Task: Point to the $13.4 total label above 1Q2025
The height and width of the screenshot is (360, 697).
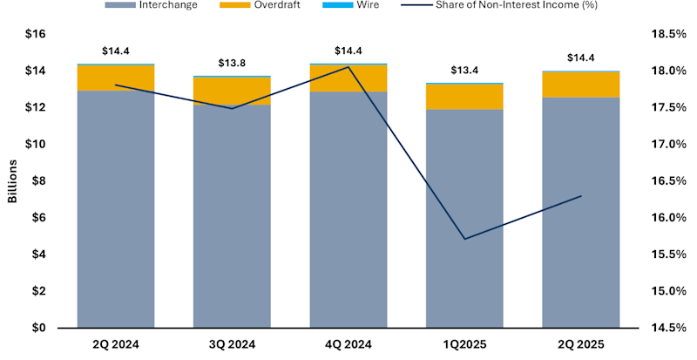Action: (x=464, y=71)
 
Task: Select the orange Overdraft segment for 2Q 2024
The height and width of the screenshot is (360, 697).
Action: (x=116, y=78)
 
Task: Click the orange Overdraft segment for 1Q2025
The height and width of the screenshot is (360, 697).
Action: (x=464, y=97)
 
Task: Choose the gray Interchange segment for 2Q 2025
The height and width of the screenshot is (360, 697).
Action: (x=581, y=213)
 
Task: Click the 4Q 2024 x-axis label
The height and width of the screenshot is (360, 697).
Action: (x=348, y=344)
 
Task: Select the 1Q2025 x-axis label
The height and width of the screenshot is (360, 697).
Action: (x=464, y=344)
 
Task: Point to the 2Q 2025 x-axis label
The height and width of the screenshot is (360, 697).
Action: (x=581, y=344)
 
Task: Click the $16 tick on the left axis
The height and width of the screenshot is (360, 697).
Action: (x=36, y=34)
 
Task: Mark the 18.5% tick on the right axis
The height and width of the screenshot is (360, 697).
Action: (x=665, y=34)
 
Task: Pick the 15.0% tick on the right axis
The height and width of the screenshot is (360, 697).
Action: (x=665, y=291)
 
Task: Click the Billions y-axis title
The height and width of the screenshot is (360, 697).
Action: (x=12, y=181)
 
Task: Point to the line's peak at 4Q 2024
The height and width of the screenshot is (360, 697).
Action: (x=348, y=67)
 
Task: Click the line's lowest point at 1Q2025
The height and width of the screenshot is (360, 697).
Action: (x=464, y=239)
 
